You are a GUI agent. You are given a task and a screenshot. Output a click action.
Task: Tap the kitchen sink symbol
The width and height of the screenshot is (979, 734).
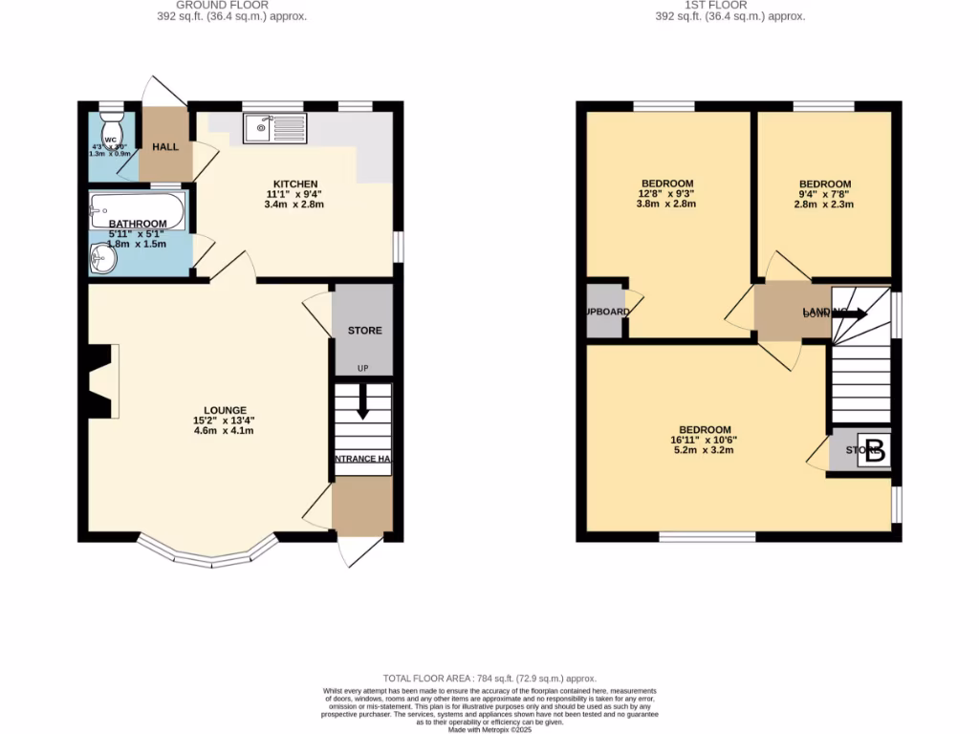click(x=273, y=128)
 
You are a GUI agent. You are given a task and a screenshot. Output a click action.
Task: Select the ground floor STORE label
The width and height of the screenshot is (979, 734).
click(x=364, y=331)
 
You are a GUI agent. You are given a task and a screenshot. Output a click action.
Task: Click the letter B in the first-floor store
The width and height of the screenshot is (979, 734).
click(x=874, y=451)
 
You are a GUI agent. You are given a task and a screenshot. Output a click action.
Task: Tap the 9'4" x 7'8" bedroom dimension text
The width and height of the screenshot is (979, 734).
click(x=824, y=194)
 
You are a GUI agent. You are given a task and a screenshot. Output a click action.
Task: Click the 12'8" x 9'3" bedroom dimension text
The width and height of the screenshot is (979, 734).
click(x=667, y=194)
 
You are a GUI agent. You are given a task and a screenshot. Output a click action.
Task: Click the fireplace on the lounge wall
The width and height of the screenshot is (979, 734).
click(x=101, y=381)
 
